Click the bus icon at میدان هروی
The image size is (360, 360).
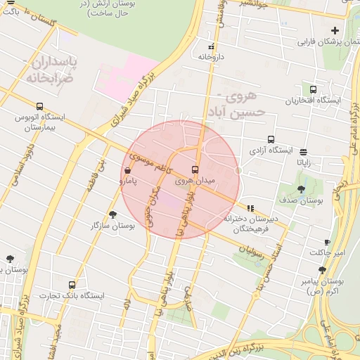(195, 169)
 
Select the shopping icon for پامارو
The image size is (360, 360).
(127, 170)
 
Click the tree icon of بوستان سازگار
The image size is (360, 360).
(112, 214)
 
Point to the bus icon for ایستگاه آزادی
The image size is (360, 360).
(271, 139)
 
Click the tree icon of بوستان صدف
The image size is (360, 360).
(302, 189)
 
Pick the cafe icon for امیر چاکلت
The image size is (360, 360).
(327, 242)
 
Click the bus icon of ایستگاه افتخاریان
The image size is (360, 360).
(313, 89)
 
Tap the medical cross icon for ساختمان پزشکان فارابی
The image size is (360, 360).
(335, 30)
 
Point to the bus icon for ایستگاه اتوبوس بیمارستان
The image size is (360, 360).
(39, 106)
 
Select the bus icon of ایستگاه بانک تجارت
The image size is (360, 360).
(72, 285)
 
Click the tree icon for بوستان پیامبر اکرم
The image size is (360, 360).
(321, 269)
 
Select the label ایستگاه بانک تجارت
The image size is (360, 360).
(72, 296)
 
